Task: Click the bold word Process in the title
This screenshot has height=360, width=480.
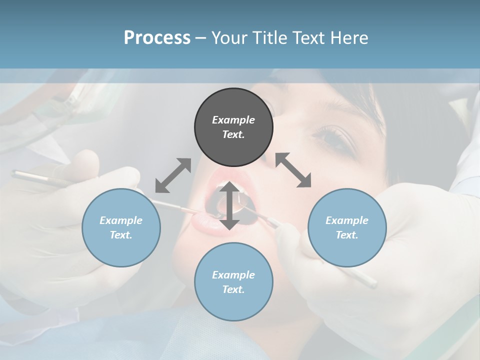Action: point(157,38)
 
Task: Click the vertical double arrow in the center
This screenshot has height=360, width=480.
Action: point(229,205)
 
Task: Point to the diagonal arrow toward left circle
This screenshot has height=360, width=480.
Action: point(173,175)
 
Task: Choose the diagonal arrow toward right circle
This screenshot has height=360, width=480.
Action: point(293,170)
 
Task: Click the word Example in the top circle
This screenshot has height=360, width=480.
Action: point(233,120)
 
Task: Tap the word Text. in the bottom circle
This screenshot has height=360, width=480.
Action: point(233,289)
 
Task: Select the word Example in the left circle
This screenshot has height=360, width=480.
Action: point(121,220)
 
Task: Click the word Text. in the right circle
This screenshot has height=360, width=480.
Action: point(347,235)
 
